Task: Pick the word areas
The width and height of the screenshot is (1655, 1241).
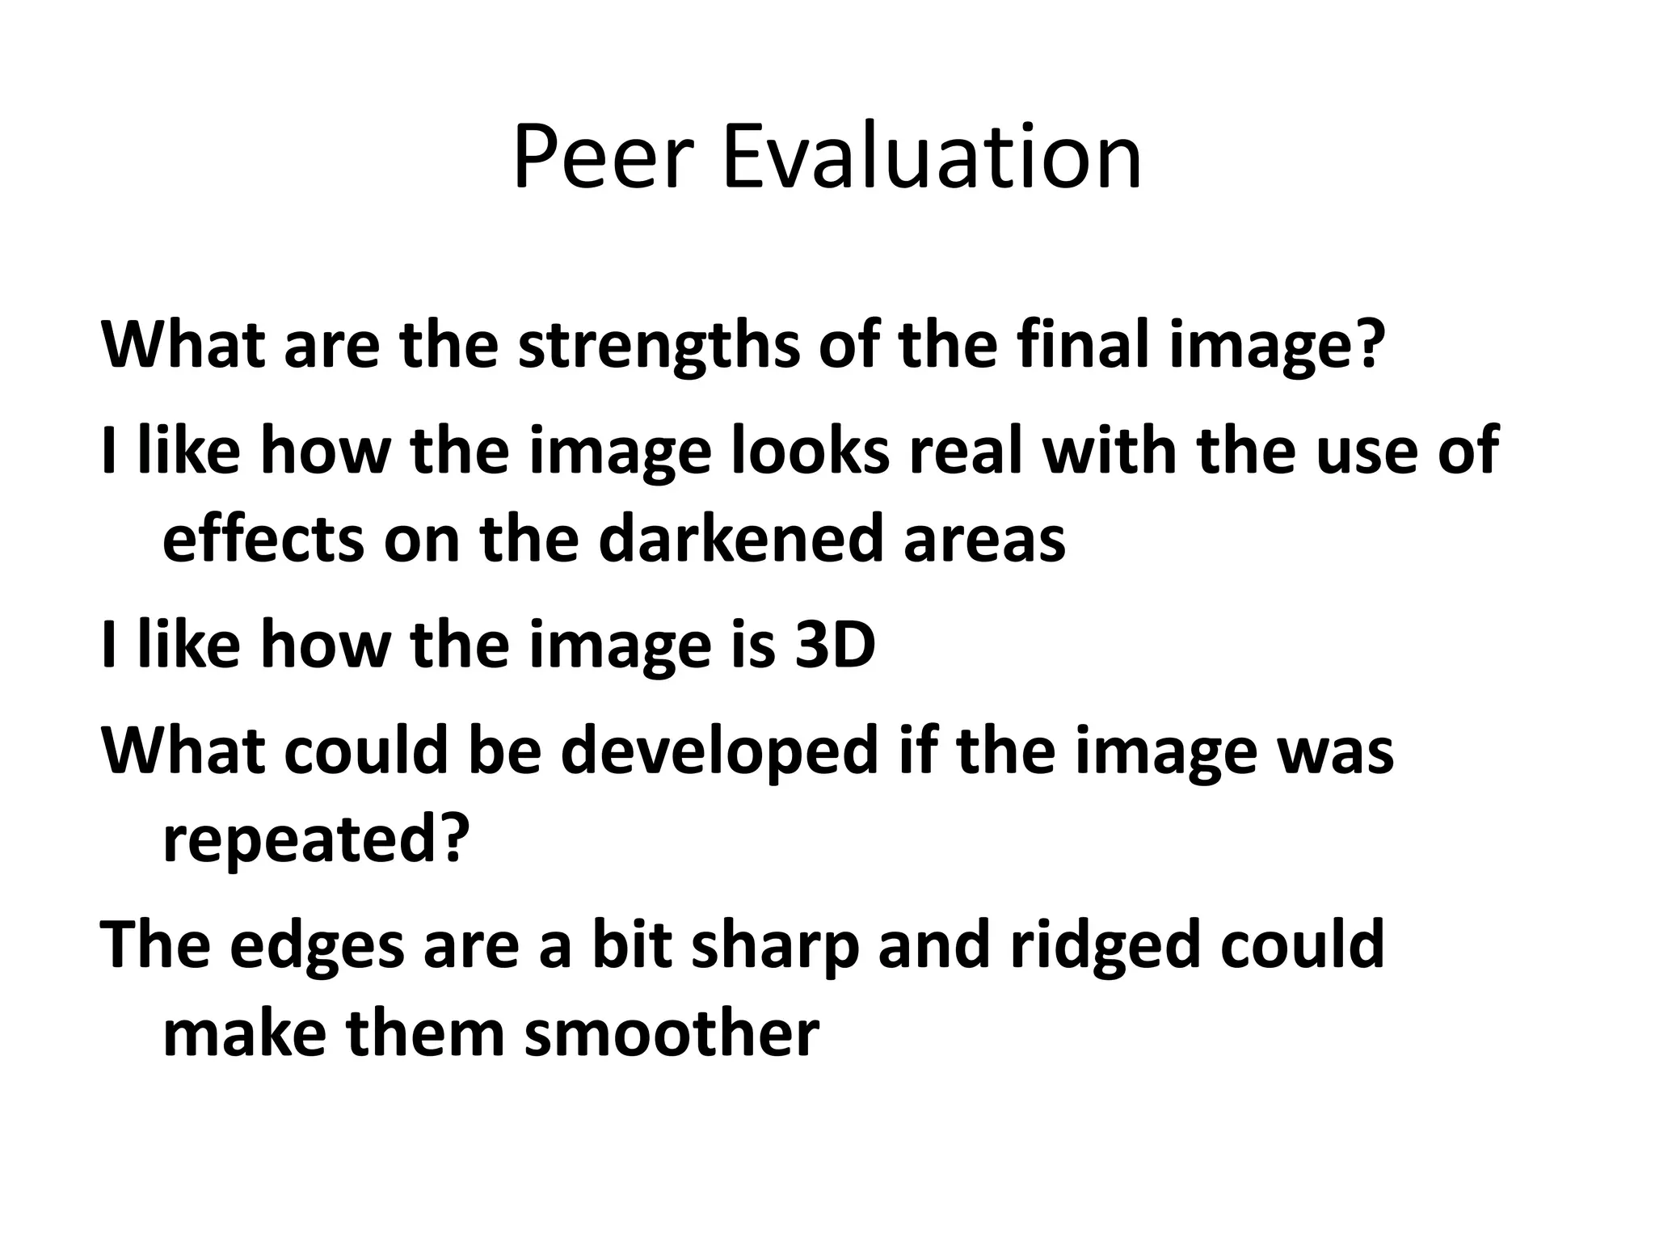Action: pos(984,541)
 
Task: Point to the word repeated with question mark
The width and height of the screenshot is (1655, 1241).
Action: pos(316,842)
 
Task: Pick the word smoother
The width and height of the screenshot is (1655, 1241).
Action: pos(672,1034)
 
